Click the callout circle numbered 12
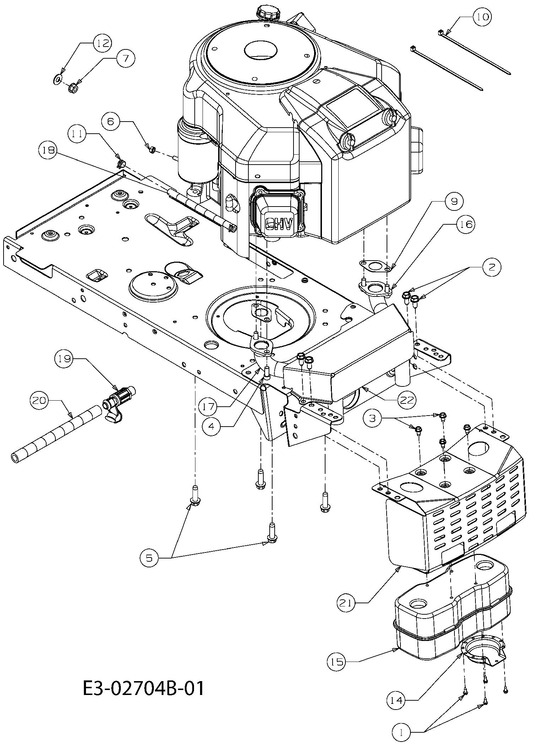pyautogui.click(x=102, y=43)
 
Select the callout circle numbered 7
pyautogui.click(x=126, y=58)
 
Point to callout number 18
pyautogui.click(x=48, y=150)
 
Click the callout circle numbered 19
pyautogui.click(x=64, y=359)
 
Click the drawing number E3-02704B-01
pyautogui.click(x=144, y=689)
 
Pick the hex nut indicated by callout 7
pyautogui.click(x=73, y=87)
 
